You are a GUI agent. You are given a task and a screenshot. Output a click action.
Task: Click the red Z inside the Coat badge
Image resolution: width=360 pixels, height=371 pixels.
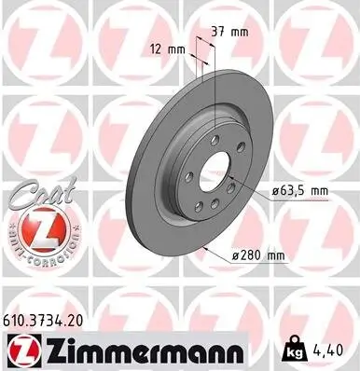point(36,228)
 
